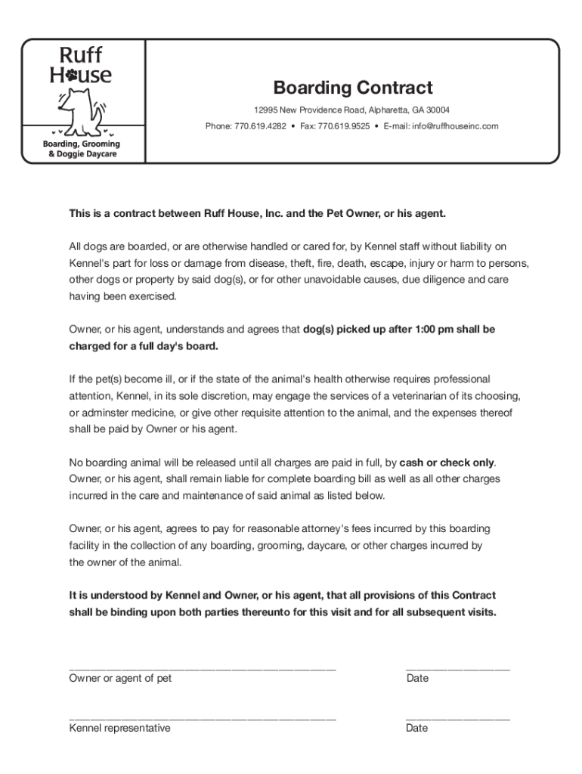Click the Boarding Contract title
pos(353,88)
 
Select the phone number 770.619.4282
pos(260,126)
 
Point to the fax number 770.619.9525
pos(344,126)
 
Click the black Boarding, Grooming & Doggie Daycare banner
pos(80,149)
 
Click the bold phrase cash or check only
pos(447,462)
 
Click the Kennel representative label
pos(119,728)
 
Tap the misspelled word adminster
pos(108,412)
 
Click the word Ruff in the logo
pos(81,55)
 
